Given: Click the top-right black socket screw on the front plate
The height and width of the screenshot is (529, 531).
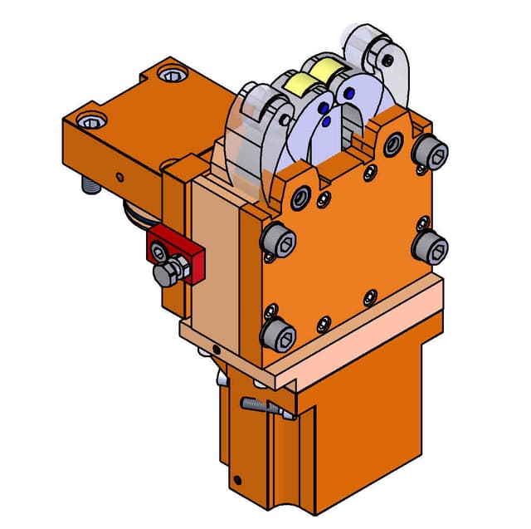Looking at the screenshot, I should [x=432, y=152].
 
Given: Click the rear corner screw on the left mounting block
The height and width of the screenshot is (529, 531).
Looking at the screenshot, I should [x=172, y=77].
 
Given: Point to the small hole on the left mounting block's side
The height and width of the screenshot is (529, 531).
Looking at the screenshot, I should [x=120, y=176].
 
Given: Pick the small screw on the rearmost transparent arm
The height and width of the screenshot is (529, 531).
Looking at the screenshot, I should [x=386, y=58].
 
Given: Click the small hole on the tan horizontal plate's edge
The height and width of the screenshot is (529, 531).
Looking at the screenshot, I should [x=217, y=350].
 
